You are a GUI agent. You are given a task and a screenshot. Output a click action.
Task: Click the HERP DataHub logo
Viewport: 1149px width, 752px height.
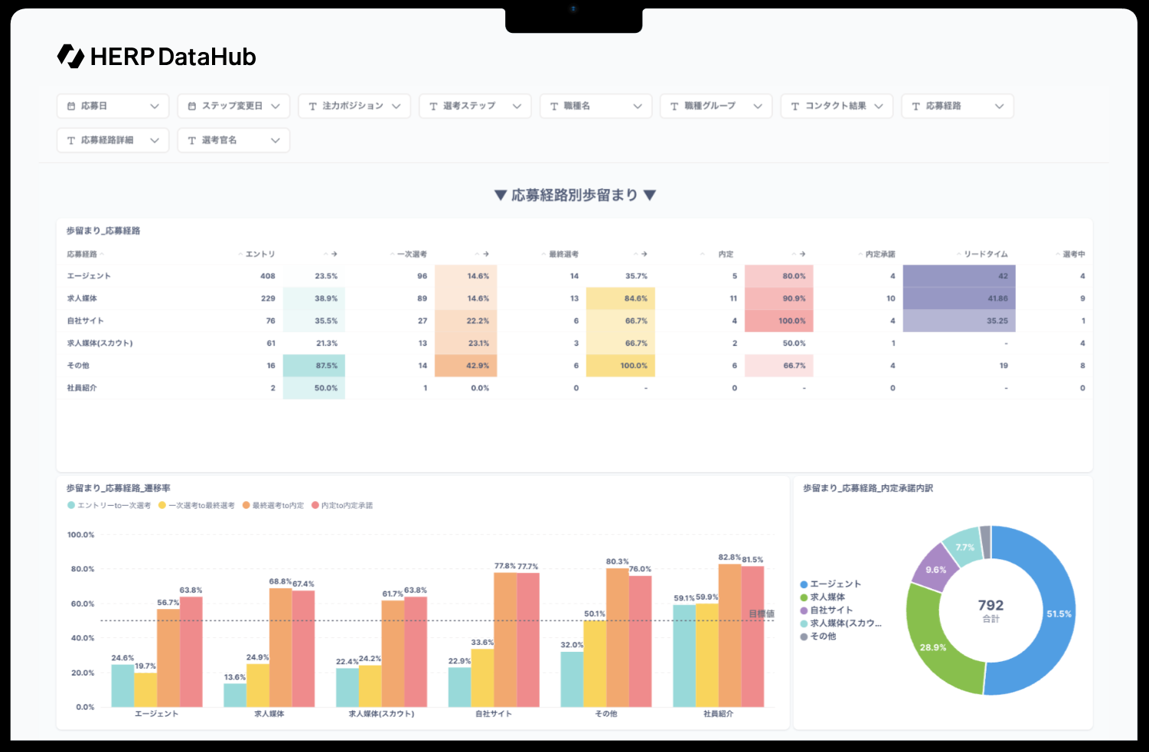(157, 57)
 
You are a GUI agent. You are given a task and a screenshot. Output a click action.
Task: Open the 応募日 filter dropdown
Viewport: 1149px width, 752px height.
(113, 106)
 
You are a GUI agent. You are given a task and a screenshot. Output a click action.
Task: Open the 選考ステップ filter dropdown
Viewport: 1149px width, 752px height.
(475, 106)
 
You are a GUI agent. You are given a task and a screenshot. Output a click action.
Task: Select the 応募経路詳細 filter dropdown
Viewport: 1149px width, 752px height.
(113, 141)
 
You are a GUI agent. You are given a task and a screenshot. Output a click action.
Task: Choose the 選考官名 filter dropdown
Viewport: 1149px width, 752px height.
(233, 141)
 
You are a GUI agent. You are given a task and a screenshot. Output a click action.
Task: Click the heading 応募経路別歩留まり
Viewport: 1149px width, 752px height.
(574, 195)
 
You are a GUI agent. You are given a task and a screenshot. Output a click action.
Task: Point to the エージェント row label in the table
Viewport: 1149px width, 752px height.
(89, 276)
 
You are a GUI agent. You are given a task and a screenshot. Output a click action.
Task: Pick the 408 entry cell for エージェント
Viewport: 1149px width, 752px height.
(267, 276)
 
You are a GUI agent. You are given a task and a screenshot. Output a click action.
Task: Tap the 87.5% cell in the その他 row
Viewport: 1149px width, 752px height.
(315, 366)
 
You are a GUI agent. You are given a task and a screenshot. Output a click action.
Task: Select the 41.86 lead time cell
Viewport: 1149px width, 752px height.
(959, 298)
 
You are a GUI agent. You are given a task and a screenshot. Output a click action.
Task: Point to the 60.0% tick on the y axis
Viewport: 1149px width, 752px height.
(83, 604)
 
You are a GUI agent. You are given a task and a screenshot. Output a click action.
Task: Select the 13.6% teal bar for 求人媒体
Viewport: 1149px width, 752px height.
(235, 695)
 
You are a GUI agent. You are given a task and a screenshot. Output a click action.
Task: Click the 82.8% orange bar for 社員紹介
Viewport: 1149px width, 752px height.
(730, 635)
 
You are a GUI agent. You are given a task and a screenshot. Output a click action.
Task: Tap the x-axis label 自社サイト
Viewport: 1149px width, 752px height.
(494, 714)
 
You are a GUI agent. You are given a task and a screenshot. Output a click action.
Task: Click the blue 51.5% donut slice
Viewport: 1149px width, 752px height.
(1050, 612)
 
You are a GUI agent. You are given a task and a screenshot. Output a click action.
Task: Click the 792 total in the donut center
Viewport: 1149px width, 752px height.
(991, 606)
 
